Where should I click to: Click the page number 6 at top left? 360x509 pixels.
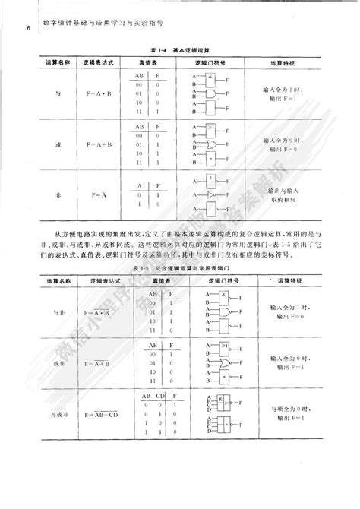27,30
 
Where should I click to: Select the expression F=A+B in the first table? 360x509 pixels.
95,144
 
